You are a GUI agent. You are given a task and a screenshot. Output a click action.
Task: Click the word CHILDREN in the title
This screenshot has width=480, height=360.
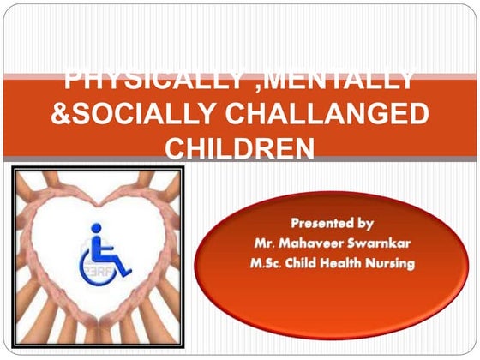239,148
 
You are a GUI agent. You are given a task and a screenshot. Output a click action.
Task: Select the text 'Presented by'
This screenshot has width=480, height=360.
330,224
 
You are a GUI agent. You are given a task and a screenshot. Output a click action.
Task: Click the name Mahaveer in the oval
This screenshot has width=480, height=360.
308,243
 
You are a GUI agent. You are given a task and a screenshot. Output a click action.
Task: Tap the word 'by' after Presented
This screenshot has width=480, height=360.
365,225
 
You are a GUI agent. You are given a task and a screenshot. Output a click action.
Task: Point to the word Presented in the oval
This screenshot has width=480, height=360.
320,224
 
